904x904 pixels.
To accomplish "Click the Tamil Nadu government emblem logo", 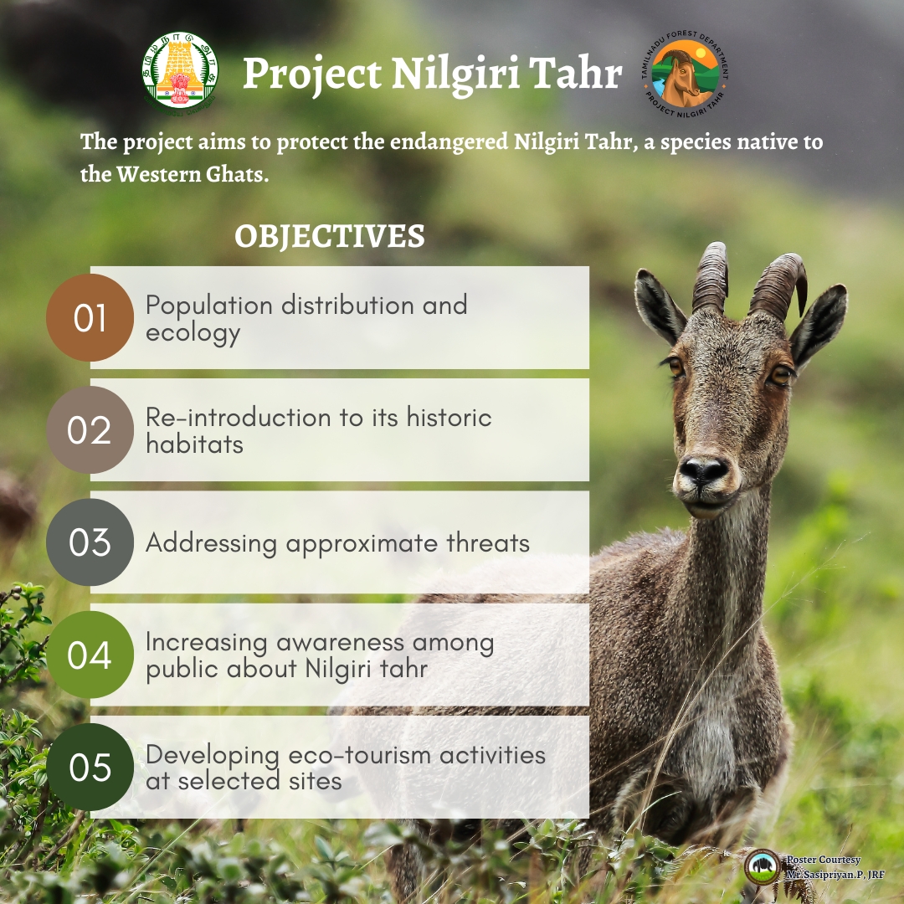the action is [180, 71].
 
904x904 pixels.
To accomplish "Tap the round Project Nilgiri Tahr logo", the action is [685, 74].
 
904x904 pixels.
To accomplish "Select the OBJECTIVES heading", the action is [329, 236].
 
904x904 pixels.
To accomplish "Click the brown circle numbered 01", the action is [90, 318].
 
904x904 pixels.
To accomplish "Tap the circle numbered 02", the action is [90, 430].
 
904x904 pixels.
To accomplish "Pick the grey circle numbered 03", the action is [90, 542].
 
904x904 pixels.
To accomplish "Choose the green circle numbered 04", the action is [90, 655].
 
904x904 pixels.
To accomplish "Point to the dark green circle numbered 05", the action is [90, 768].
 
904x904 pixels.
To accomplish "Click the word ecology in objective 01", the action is [193, 334].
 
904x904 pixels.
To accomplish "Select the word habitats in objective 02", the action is [194, 444].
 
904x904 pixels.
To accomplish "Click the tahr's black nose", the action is [703, 470].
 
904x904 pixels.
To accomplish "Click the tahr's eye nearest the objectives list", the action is [675, 366].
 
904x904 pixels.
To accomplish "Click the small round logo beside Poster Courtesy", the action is [763, 866].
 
